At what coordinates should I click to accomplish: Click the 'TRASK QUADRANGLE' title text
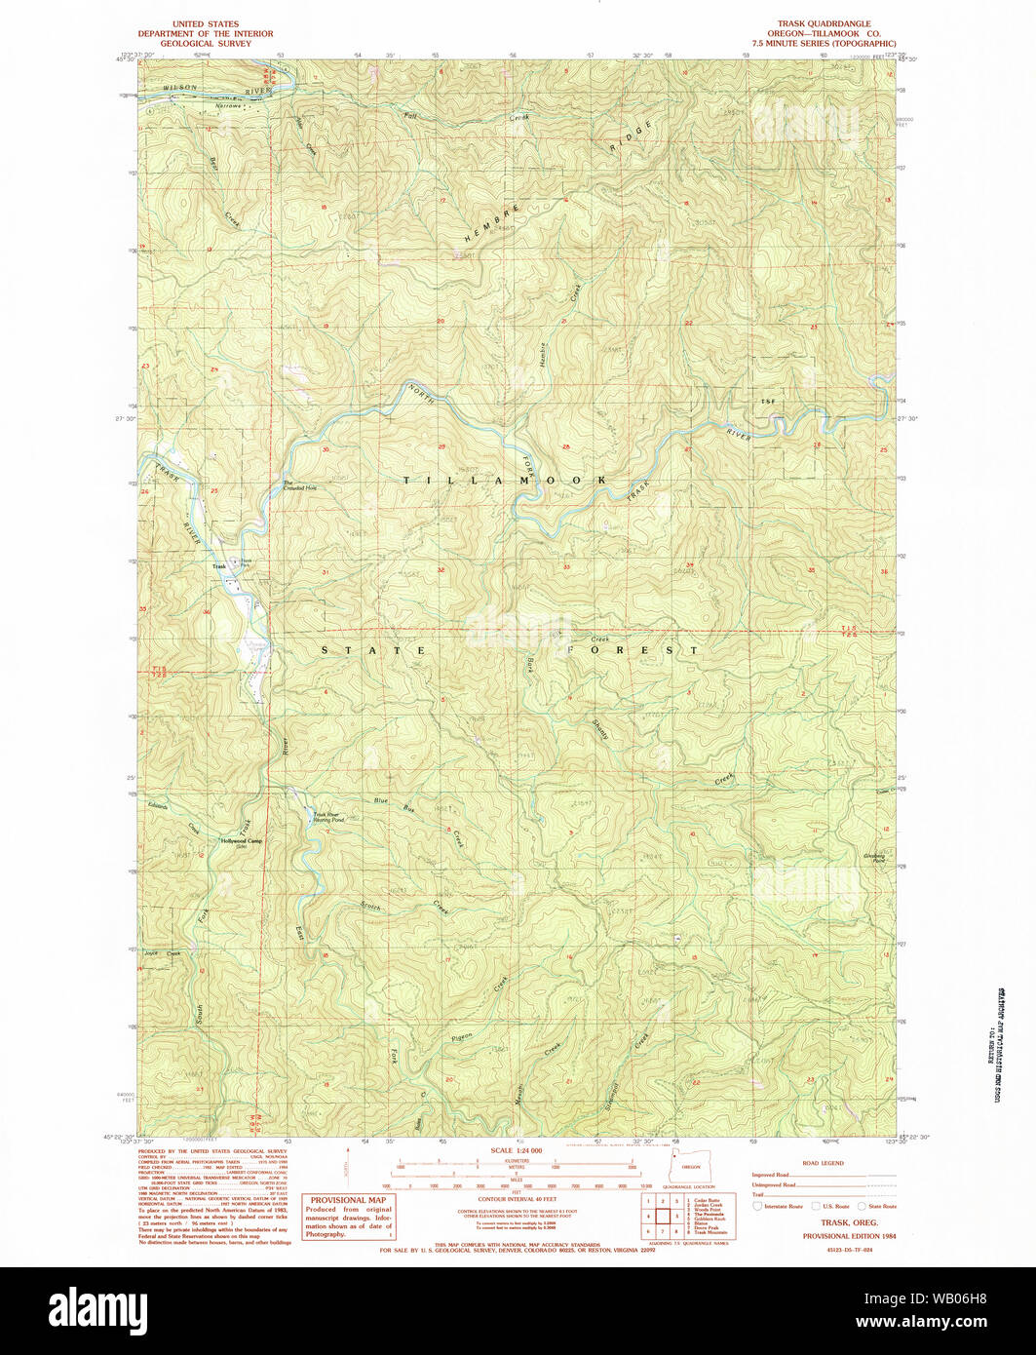[x=824, y=22]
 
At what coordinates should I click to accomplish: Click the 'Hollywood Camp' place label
[x=241, y=840]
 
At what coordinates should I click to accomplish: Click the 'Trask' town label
[x=219, y=566]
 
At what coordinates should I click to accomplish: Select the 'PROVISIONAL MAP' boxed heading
[x=346, y=1200]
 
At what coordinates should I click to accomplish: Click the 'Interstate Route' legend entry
[x=785, y=1206]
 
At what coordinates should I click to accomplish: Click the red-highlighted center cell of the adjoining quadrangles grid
[x=662, y=1217]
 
